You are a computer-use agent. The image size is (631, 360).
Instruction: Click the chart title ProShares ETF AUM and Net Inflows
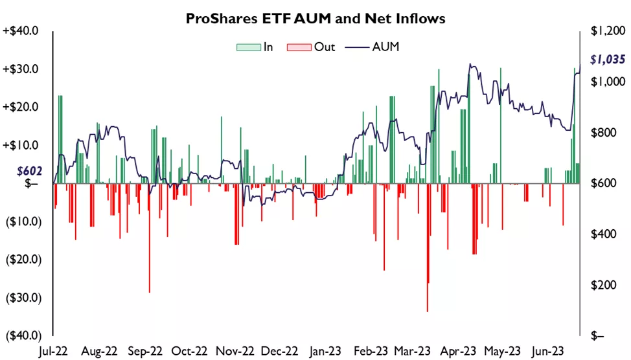(x=315, y=19)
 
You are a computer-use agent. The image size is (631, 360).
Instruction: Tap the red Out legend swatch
(x=299, y=47)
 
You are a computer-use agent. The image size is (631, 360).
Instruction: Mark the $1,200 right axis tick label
(x=607, y=31)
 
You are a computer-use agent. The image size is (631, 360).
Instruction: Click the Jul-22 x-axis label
(x=53, y=350)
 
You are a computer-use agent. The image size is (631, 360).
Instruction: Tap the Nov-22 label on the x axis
(x=235, y=350)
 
